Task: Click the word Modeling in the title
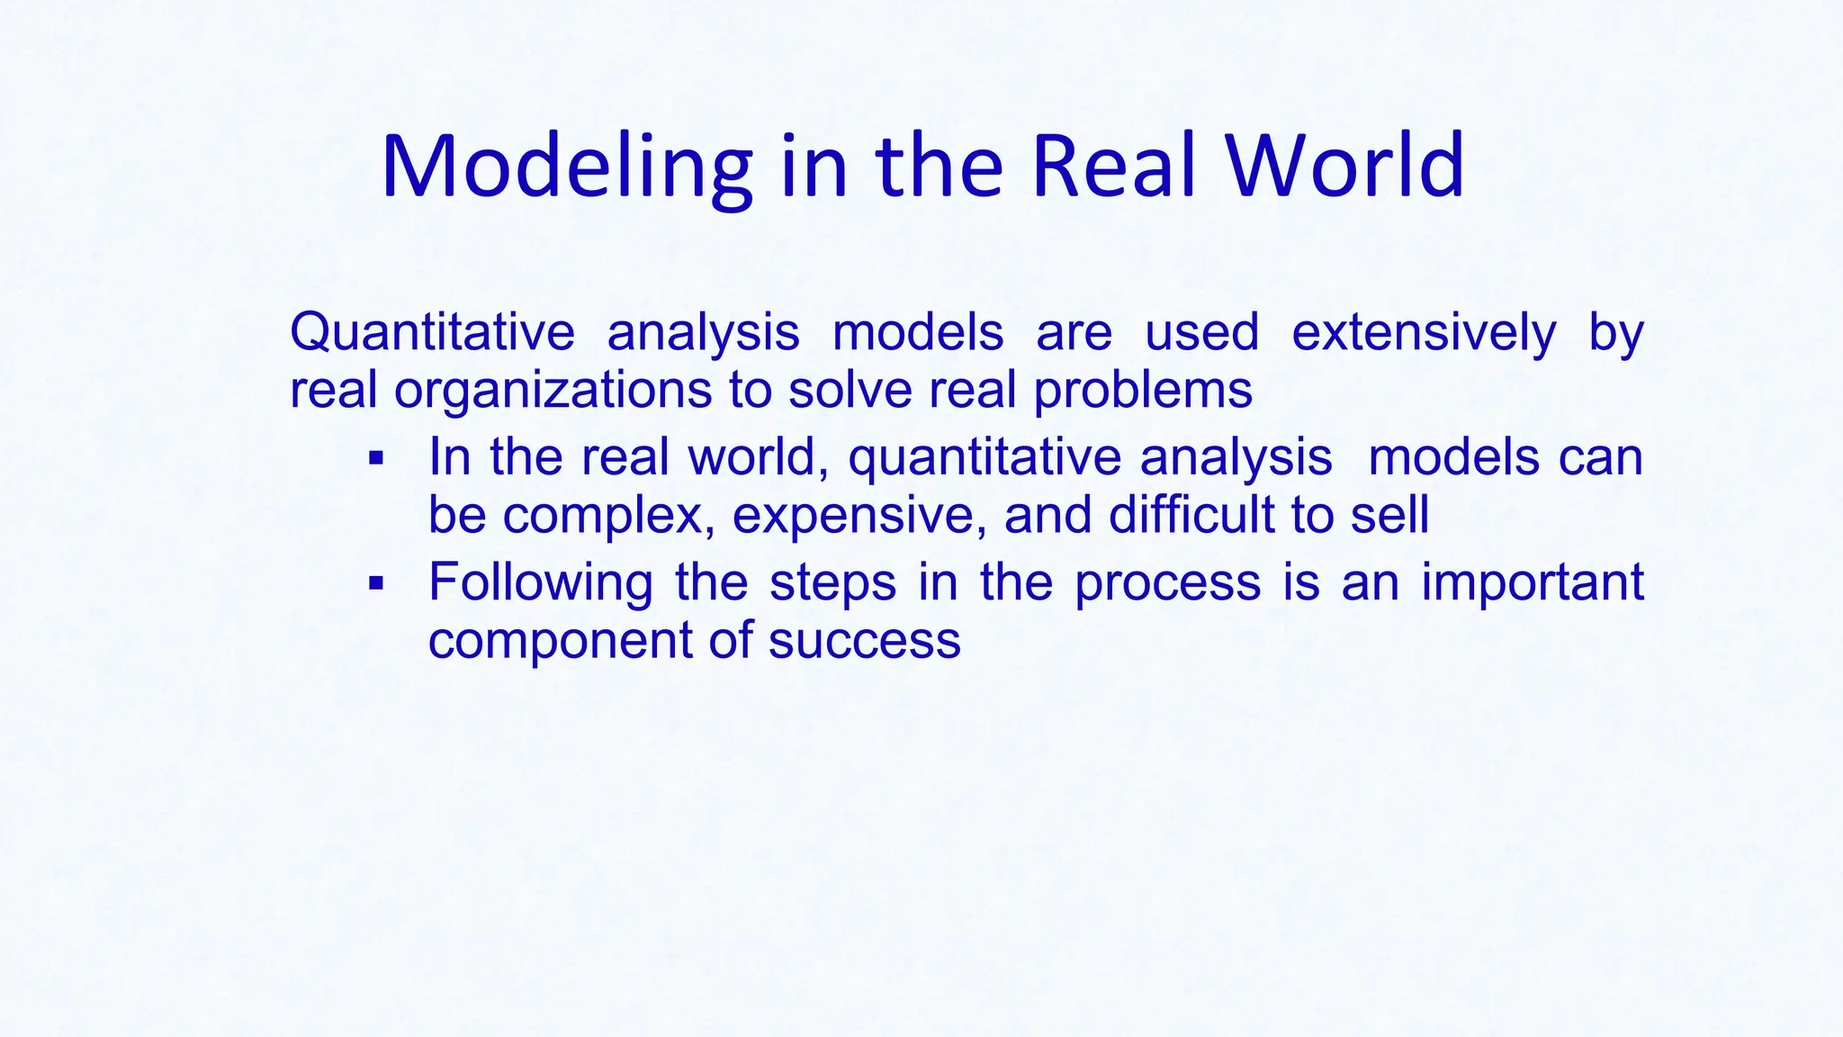[566, 167]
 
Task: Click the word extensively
[1423, 332]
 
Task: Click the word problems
[1142, 392]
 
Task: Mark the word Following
[540, 582]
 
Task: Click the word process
[1167, 583]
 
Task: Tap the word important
[1532, 582]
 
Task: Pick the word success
[864, 641]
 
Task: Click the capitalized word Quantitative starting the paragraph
[432, 332]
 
